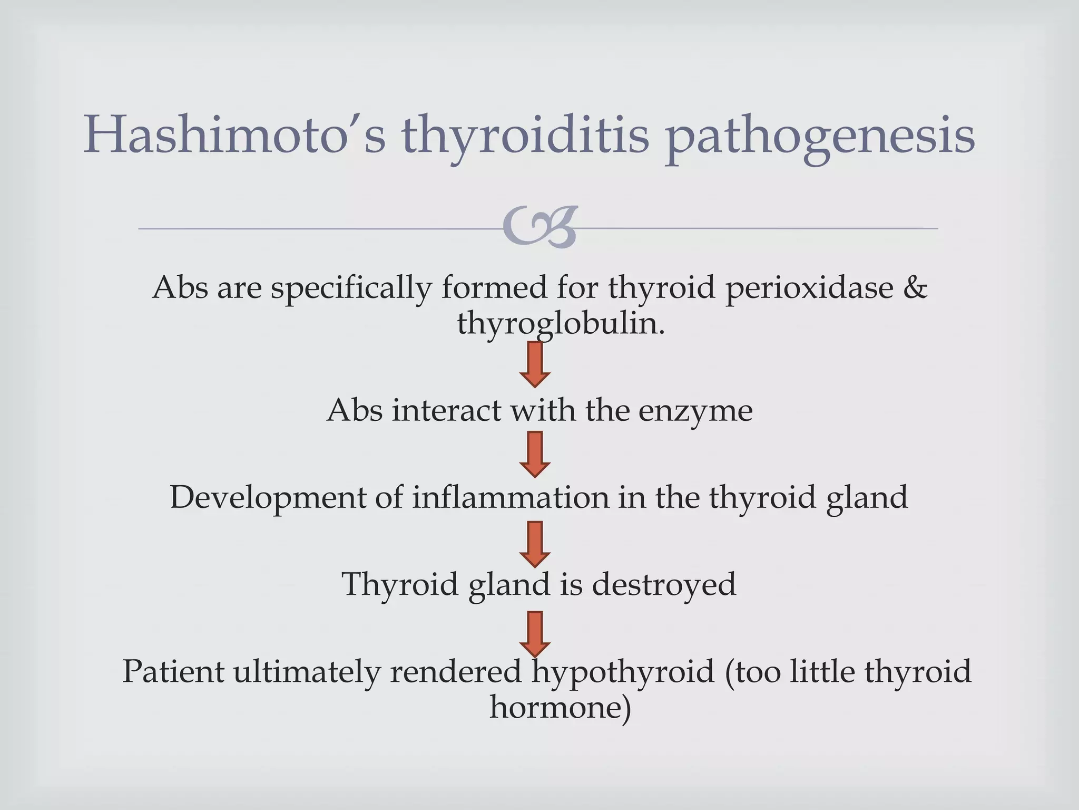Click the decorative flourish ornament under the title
tap(541, 227)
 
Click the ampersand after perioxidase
tap(915, 287)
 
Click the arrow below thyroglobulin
tap(535, 364)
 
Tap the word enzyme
tap(695, 411)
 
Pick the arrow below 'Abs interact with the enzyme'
tap(535, 454)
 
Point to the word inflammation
tap(510, 497)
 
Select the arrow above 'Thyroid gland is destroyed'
tap(535, 544)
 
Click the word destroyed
tap(664, 584)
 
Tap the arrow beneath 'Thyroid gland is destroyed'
tap(535, 633)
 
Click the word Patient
tap(173, 671)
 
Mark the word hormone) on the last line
tap(560, 707)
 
